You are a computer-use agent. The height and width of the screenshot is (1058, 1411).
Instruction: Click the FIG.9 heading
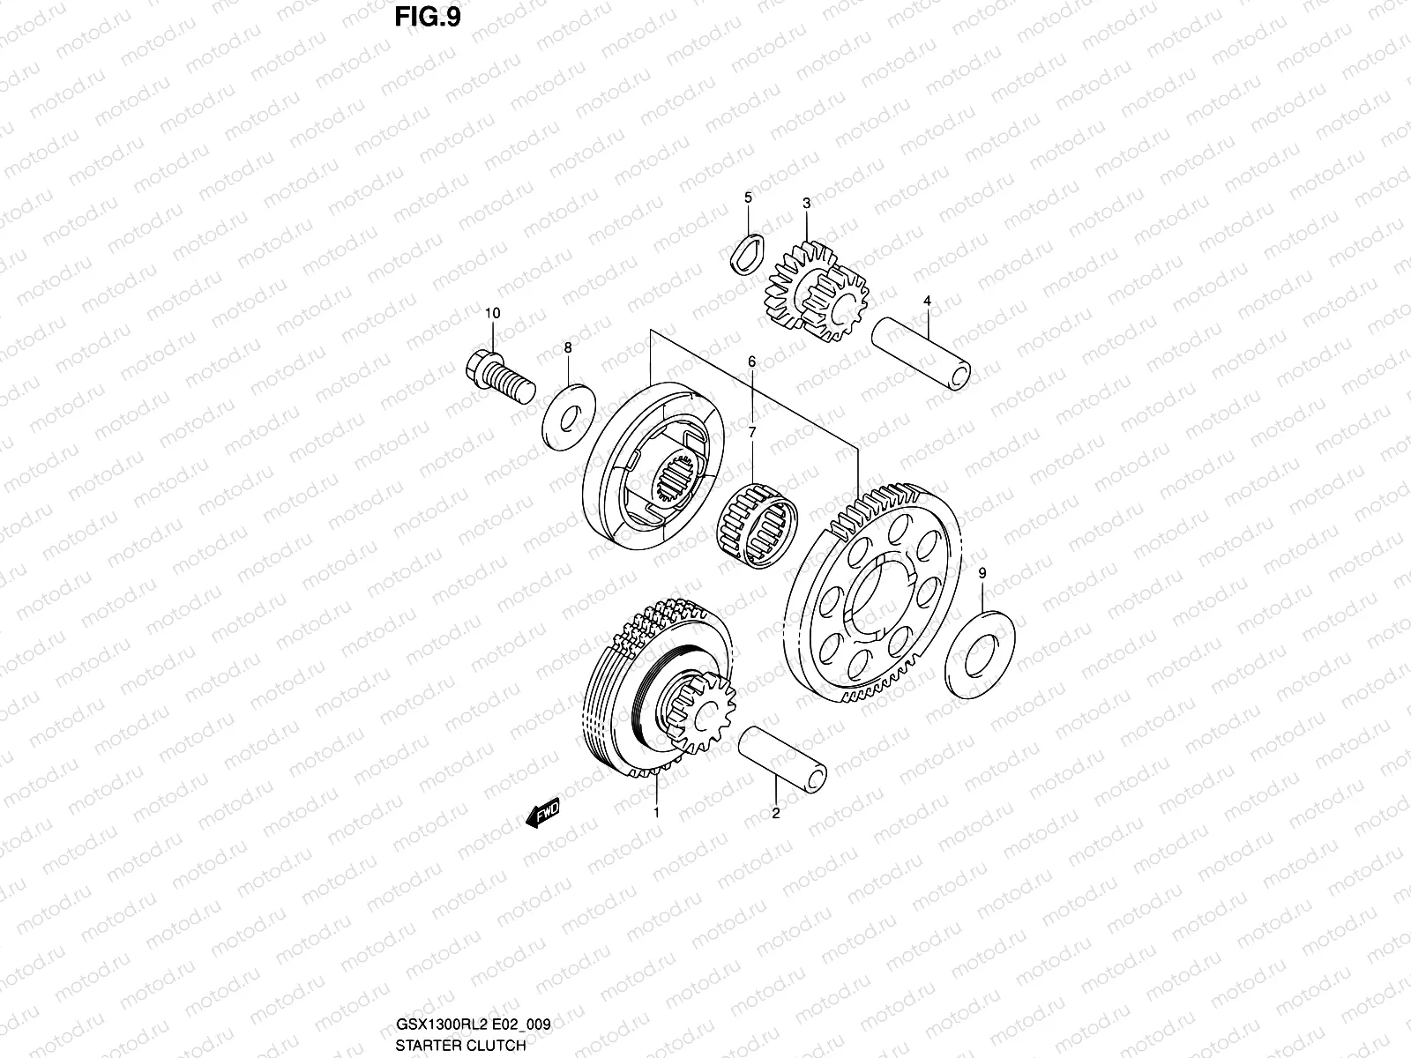(429, 17)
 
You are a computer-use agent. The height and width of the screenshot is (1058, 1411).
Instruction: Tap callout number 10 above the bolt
(492, 313)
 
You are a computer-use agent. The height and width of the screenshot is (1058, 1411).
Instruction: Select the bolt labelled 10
(496, 378)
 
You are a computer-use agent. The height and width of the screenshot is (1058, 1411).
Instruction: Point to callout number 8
(568, 348)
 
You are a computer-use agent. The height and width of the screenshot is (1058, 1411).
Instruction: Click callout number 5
(748, 197)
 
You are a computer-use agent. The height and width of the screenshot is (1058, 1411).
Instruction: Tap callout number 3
(806, 204)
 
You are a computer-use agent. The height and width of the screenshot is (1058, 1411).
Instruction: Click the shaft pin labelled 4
(922, 352)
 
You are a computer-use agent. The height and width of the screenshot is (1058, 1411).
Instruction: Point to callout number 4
(927, 301)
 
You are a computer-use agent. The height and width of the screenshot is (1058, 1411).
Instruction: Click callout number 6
(752, 361)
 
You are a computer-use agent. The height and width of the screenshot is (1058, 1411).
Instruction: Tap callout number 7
(752, 432)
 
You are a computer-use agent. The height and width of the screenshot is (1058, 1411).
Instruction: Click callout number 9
(983, 573)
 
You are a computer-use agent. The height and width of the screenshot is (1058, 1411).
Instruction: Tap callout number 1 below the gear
(656, 812)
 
